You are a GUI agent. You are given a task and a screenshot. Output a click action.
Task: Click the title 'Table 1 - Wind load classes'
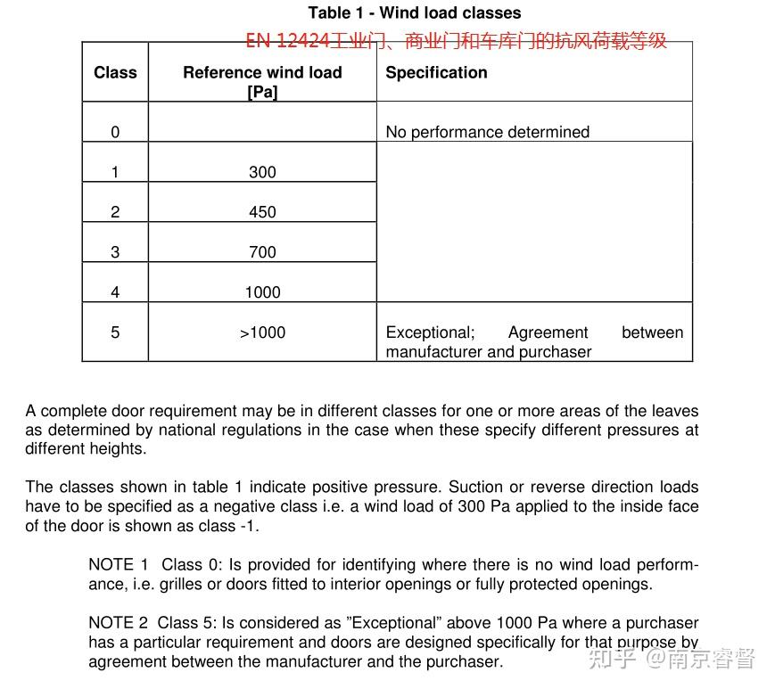point(415,12)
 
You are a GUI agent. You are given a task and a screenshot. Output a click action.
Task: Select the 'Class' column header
point(115,72)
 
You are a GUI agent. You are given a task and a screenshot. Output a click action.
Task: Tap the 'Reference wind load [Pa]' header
point(262,81)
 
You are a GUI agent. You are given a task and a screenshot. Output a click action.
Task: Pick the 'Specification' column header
point(436,72)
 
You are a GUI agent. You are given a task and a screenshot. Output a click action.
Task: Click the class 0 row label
point(115,132)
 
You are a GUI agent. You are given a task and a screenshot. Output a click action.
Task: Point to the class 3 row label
point(115,252)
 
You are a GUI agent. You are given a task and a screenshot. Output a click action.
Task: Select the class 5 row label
point(115,332)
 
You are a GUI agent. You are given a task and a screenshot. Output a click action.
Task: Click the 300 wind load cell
point(262,172)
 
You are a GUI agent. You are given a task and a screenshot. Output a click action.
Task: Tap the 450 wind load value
point(262,212)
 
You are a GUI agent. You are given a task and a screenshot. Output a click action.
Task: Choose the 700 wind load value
point(262,252)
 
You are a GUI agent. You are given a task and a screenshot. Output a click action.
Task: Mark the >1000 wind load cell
point(262,332)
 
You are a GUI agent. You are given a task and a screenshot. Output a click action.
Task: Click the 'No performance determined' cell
point(487,132)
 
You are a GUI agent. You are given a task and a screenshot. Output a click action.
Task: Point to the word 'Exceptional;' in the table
point(430,332)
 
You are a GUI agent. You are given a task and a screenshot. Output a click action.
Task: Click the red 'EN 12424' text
point(287,40)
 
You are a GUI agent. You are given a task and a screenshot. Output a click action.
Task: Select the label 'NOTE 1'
point(118,564)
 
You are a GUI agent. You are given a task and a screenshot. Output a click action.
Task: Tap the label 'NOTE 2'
point(118,623)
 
